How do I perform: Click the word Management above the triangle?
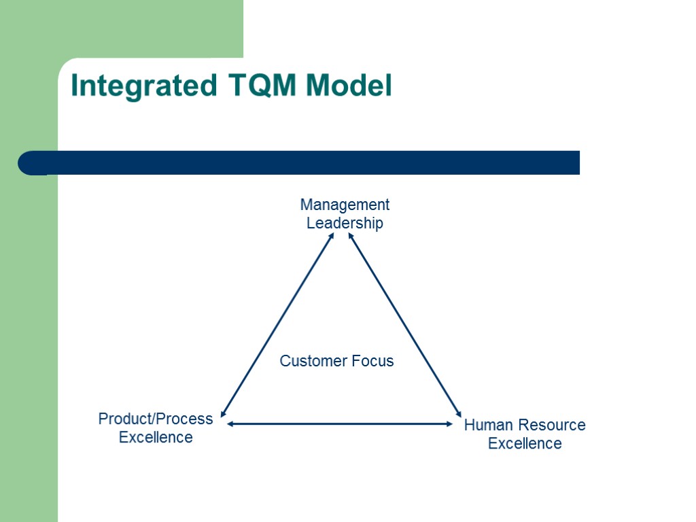point(345,205)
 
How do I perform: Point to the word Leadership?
point(345,223)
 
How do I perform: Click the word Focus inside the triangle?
point(372,361)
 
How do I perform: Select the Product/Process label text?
point(156,419)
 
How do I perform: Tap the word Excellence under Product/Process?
point(156,437)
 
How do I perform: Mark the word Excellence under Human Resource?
point(525,444)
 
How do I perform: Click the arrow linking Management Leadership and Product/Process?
point(277,324)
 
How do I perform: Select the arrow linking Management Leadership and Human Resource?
point(405,324)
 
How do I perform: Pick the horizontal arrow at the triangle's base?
point(340,424)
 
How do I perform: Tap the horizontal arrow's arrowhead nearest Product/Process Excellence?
point(231,424)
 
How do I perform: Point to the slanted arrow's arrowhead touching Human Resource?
point(459,413)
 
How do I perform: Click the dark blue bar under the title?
point(306,162)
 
